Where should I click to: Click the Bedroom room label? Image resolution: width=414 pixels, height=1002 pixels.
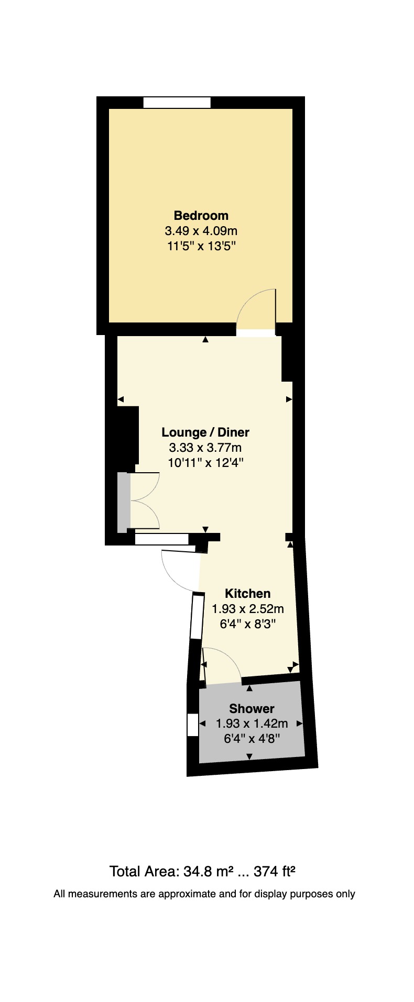click(x=201, y=215)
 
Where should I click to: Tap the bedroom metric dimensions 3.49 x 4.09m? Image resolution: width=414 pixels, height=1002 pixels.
click(x=201, y=230)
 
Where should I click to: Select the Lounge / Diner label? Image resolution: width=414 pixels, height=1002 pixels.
click(x=205, y=432)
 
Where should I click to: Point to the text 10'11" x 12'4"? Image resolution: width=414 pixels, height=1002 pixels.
click(x=205, y=463)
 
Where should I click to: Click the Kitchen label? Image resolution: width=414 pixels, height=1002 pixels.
click(x=247, y=594)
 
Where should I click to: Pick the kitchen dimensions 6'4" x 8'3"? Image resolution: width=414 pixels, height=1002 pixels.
click(x=247, y=624)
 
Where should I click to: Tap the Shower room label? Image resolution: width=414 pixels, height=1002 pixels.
click(x=252, y=709)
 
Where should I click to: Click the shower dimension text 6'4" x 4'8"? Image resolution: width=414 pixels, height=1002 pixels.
click(x=252, y=739)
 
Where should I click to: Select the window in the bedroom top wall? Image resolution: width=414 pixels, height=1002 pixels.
click(x=177, y=103)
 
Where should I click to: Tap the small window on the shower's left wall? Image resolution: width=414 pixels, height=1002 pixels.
click(x=193, y=726)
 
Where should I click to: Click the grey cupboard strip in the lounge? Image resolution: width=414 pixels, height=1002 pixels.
click(x=123, y=503)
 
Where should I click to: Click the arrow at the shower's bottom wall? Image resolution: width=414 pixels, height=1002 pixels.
click(x=249, y=756)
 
